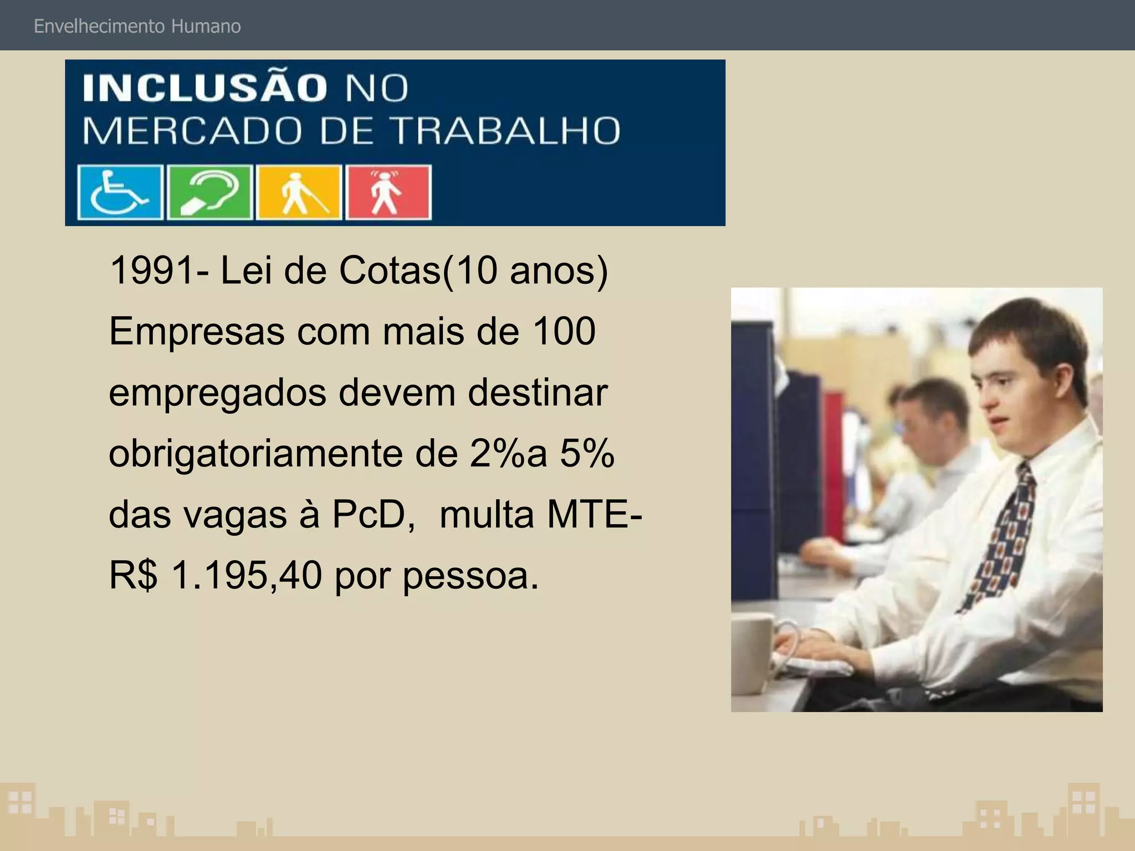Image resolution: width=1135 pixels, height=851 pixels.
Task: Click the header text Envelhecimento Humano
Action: pos(137,26)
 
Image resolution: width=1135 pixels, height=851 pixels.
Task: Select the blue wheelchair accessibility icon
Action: pos(120,192)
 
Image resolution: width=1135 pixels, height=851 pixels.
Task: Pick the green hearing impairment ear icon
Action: pos(210,192)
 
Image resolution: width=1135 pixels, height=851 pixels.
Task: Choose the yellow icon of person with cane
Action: pos(299,192)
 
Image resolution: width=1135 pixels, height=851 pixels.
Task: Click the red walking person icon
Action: pos(388,192)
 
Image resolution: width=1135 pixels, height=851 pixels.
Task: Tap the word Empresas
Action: pos(197,332)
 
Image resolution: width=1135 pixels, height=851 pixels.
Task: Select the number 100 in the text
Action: pos(564,331)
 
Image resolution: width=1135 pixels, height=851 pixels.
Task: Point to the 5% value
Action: pos(587,454)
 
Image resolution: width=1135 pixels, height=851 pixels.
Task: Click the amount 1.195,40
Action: pos(247,575)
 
